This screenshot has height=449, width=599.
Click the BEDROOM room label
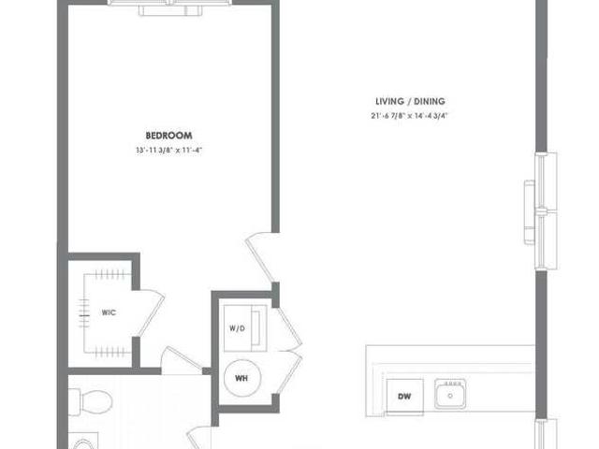pos(168,136)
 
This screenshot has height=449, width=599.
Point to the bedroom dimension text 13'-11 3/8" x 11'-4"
pos(168,151)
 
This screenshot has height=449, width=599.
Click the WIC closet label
pos(109,312)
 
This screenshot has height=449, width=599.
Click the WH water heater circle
pos(241,378)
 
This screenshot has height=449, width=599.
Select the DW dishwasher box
pos(404,396)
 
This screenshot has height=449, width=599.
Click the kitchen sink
pos(452,394)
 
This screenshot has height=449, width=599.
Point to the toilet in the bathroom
pos(93,402)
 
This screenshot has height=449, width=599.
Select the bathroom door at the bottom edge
pos(199,438)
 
